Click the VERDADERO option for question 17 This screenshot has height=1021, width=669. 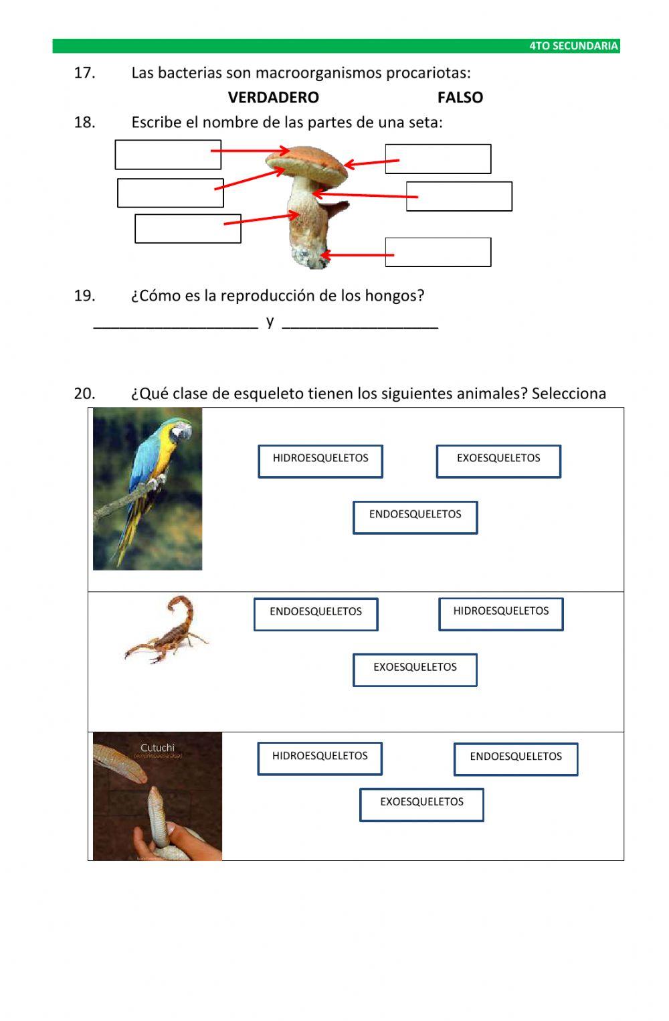273,97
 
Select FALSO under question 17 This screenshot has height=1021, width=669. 460,97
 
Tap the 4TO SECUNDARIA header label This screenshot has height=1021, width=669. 573,46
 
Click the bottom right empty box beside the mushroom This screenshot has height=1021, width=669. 438,252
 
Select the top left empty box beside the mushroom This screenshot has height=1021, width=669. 167,154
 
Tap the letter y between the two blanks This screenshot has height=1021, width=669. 270,321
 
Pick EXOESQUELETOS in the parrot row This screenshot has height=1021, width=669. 498,460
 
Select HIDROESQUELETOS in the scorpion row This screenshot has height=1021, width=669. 500,613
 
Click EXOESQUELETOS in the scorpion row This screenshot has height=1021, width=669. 415,669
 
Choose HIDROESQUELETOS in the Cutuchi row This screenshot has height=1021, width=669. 320,757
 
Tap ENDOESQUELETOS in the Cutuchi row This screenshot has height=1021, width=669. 515,758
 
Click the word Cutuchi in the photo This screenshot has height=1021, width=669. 157,747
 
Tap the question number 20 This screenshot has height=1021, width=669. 84,393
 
